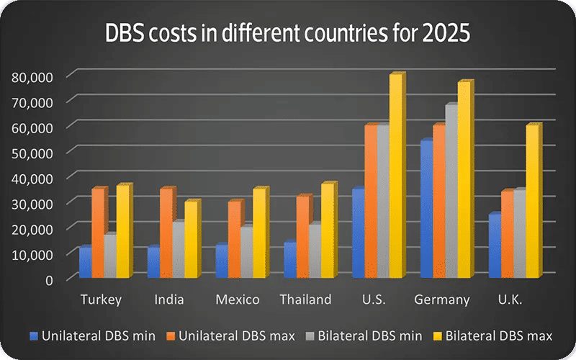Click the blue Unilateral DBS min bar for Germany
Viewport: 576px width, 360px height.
[x=426, y=209]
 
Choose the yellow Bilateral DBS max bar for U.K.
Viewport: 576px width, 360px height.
[x=532, y=202]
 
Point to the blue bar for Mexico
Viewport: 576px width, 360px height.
[x=221, y=261]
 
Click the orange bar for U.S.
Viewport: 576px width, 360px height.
[x=370, y=202]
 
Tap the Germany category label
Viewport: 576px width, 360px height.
[x=443, y=300]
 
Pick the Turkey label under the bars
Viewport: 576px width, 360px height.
[x=101, y=300]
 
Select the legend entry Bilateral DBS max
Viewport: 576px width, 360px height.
[x=492, y=336]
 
